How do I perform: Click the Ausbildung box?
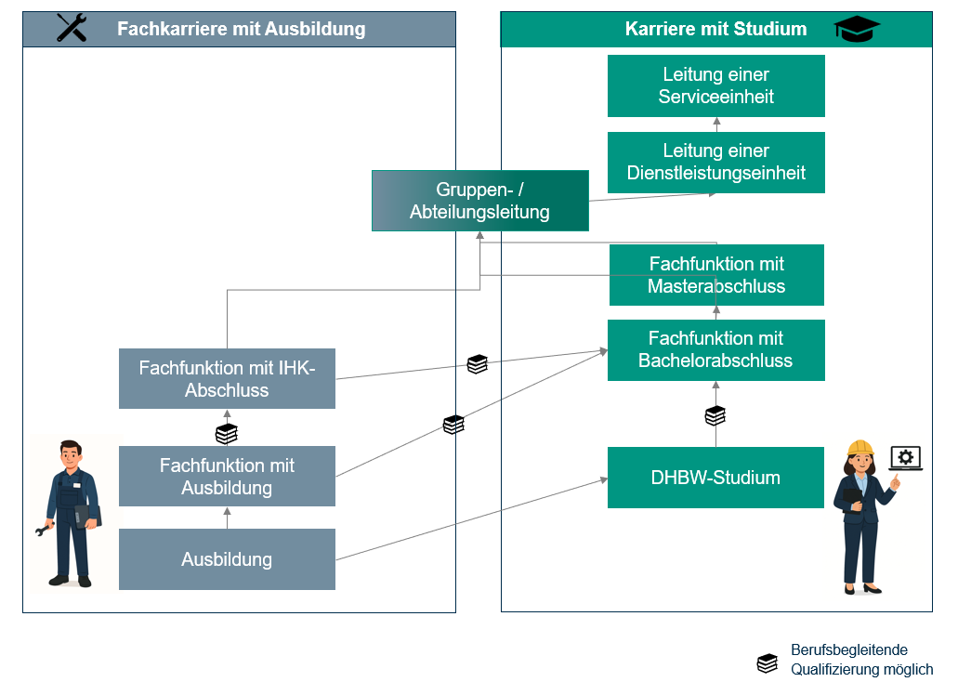(227, 559)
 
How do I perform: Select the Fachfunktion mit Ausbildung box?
(227, 476)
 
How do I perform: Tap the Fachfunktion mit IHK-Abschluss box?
(227, 378)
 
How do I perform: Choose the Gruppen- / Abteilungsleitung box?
(479, 201)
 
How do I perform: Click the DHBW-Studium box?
(715, 478)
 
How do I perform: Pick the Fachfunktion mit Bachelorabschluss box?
(715, 349)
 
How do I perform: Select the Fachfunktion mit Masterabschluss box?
(715, 275)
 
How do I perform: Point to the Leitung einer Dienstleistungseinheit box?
(715, 162)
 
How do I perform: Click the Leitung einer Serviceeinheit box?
(715, 85)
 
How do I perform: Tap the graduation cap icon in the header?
(857, 30)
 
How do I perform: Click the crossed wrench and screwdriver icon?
(72, 28)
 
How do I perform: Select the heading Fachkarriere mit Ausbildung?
(241, 29)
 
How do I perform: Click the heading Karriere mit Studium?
(715, 29)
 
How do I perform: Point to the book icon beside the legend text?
(767, 662)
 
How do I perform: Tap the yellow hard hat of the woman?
(860, 448)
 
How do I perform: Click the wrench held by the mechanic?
(45, 531)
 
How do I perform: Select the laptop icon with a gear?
(906, 458)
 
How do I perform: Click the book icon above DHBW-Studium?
(715, 415)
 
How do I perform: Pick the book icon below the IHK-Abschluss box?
(227, 433)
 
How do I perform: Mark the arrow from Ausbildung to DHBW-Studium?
(470, 519)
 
